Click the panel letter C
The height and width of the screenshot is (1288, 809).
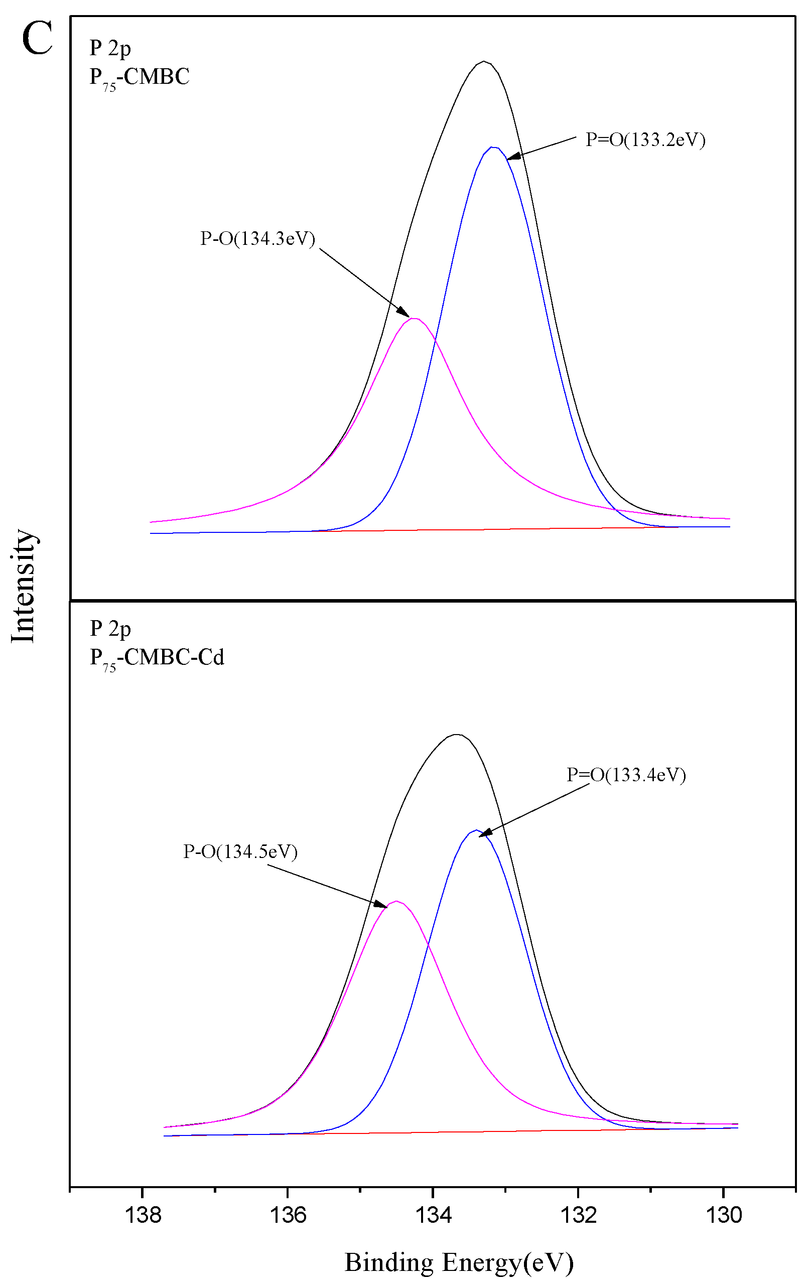(37, 39)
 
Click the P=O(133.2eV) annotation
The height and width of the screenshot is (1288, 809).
(645, 140)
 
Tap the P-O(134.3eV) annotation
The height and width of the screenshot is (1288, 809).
(257, 238)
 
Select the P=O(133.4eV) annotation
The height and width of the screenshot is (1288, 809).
(626, 775)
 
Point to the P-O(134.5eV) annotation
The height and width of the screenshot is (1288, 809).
(240, 851)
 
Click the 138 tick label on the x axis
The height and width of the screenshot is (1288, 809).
(143, 1215)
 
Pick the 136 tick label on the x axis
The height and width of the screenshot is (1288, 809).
(288, 1215)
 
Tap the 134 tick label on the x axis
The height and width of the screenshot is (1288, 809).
(434, 1215)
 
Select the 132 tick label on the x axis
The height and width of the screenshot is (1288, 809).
(578, 1215)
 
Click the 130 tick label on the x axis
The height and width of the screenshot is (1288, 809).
(724, 1215)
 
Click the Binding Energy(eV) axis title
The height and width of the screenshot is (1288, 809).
(459, 1262)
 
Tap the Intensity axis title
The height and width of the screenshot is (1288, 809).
(24, 586)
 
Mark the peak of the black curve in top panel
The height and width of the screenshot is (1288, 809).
(484, 61)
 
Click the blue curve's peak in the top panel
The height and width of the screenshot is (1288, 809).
(492, 147)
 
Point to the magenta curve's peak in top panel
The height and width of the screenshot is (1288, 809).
(414, 318)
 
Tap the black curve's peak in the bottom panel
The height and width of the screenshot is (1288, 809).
(456, 735)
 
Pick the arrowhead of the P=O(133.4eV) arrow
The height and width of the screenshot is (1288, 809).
(482, 835)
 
